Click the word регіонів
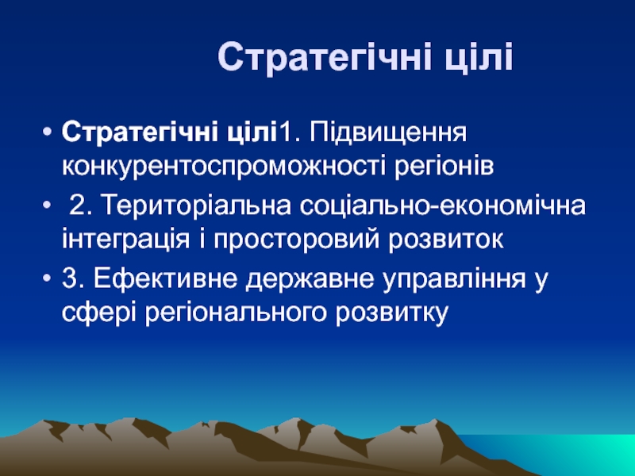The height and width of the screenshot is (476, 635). pyautogui.click(x=444, y=167)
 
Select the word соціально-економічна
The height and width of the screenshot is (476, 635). pyautogui.click(x=443, y=205)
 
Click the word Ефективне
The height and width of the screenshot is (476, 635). pyautogui.click(x=166, y=278)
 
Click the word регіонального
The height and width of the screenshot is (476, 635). pyautogui.click(x=235, y=312)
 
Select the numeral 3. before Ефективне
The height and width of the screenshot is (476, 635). pyautogui.click(x=73, y=278)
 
